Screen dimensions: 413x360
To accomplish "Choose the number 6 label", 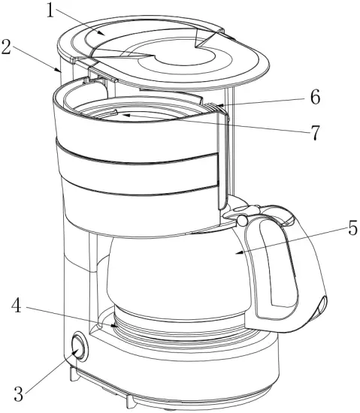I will [316, 97].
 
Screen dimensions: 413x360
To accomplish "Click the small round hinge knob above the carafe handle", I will [243, 221].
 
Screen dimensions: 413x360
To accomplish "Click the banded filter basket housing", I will [135, 173].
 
